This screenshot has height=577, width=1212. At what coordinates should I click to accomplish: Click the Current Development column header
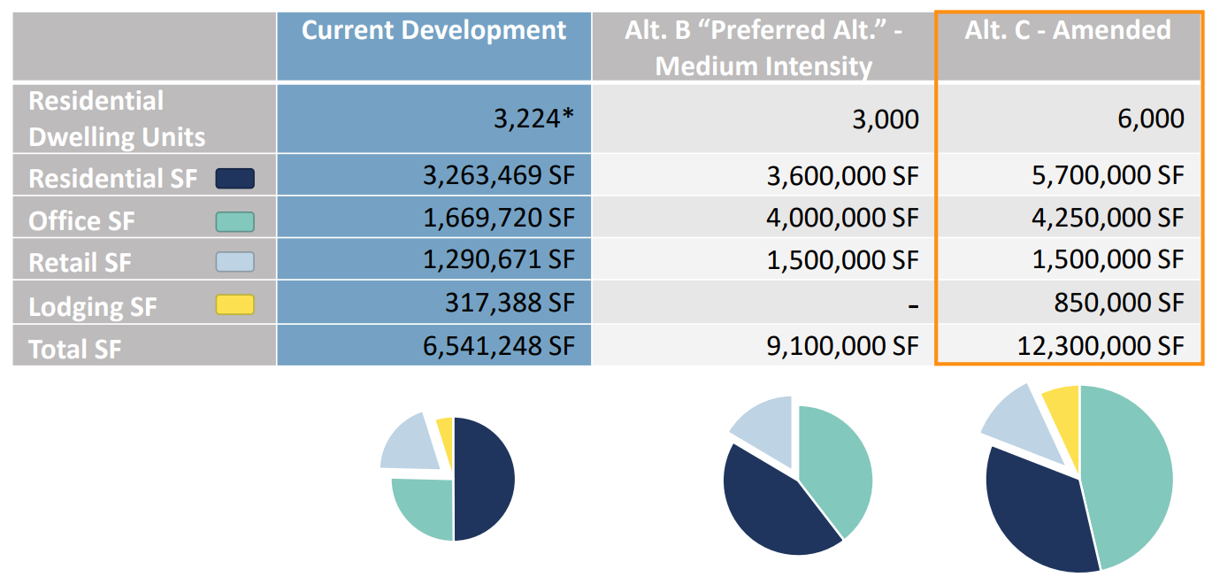pyautogui.click(x=433, y=31)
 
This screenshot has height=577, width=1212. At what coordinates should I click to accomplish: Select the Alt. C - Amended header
pyautogui.click(x=1068, y=31)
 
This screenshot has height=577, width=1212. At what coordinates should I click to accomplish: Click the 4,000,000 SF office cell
pyautogui.click(x=845, y=218)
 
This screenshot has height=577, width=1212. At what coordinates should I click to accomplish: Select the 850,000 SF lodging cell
pyautogui.click(x=1116, y=304)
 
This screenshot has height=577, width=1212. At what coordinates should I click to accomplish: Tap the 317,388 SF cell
pyautogui.click(x=510, y=304)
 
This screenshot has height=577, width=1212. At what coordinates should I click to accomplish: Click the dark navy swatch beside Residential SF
pyautogui.click(x=234, y=179)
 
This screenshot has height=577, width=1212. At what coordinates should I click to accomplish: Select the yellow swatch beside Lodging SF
pyautogui.click(x=234, y=306)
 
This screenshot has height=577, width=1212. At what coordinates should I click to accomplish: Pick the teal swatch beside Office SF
pyautogui.click(x=234, y=221)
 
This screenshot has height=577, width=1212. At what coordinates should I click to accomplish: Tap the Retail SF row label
pyautogui.click(x=81, y=264)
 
